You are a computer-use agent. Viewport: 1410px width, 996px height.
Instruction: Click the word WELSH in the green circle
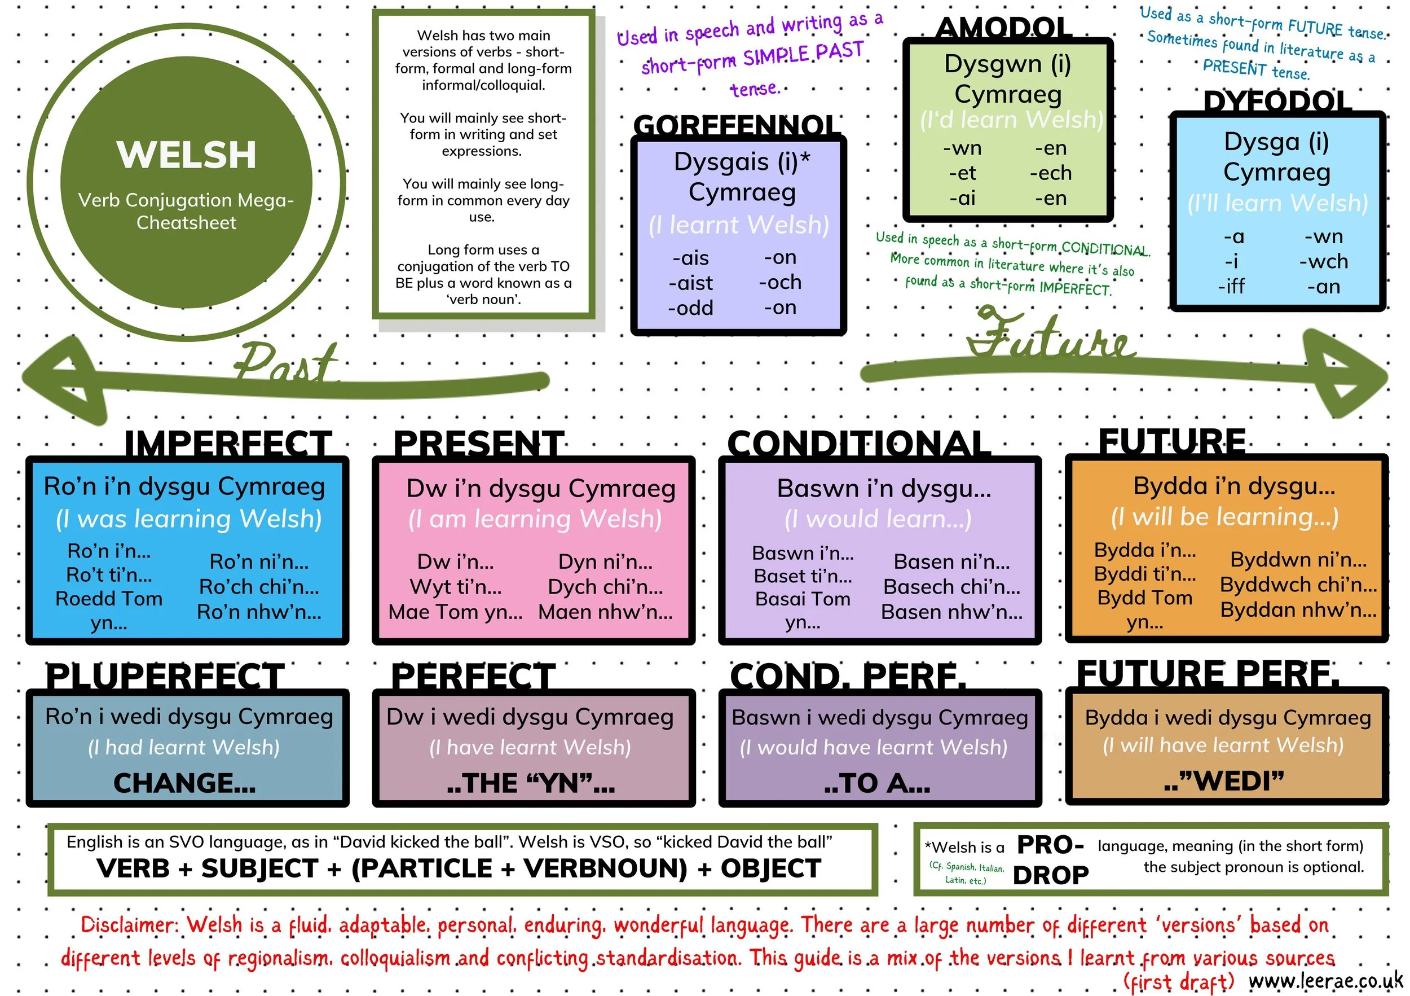pos(186,154)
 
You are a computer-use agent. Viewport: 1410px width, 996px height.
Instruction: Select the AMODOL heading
pos(1004,28)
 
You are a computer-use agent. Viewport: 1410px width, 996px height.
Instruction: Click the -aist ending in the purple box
pos(691,283)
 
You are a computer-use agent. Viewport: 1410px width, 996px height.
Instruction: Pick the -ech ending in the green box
pos(1051,173)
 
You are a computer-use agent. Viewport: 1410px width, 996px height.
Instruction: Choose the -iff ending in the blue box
pos(1231,286)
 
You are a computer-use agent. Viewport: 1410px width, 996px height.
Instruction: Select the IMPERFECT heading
pos(228,443)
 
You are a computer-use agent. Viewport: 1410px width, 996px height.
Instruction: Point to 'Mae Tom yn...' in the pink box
pos(455,612)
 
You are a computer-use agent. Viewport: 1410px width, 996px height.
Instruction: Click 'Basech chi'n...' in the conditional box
pos(951,587)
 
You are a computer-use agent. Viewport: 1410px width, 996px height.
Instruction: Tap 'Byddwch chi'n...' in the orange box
pos(1298,584)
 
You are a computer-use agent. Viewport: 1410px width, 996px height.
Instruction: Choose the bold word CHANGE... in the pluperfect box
pos(184,783)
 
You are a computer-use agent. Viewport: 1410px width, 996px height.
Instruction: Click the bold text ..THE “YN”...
pos(531,783)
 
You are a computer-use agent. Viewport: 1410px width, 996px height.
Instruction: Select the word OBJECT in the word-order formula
pos(771,868)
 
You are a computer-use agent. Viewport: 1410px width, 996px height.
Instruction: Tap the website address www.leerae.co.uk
pos(1326,981)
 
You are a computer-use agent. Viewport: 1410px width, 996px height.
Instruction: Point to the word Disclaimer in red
pos(129,925)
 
